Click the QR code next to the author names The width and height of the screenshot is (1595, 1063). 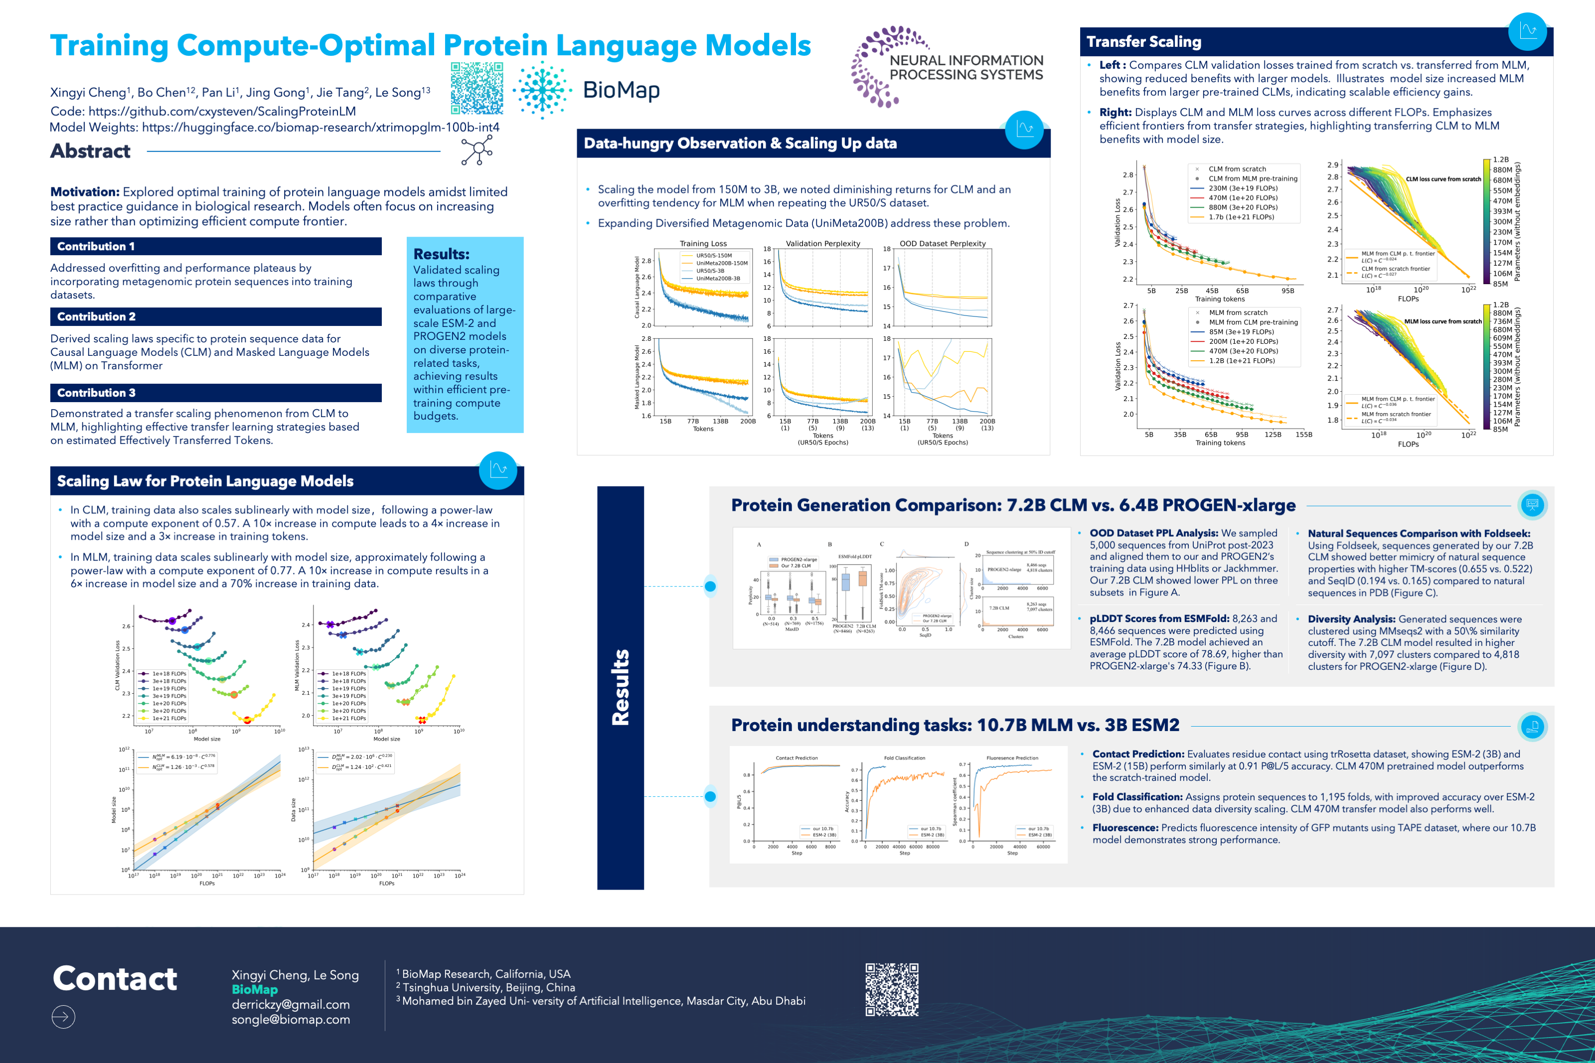coord(477,88)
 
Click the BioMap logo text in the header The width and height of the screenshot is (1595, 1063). coord(621,90)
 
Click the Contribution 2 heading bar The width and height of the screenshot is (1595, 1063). coord(215,316)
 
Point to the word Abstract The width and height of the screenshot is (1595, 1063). coord(90,151)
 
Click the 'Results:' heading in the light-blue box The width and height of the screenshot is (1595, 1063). coord(441,254)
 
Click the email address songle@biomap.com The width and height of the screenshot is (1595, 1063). coord(291,1019)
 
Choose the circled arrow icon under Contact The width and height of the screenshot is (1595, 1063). coord(63,1016)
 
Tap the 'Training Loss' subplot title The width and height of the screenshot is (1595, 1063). coord(703,243)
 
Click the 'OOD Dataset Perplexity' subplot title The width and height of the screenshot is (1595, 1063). coord(942,243)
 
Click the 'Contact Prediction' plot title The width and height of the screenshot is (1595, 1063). coord(797,758)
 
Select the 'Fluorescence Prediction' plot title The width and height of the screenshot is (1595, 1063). coord(1012,758)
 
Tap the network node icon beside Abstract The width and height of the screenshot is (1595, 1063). coord(477,150)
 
